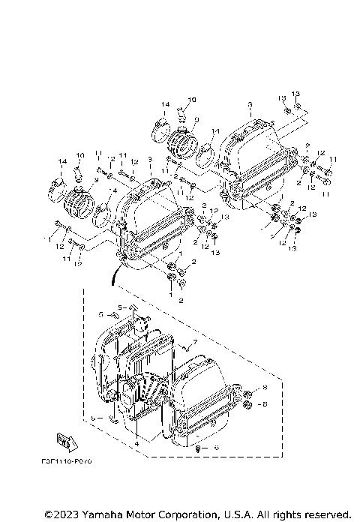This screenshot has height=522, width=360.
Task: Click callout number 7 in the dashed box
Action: (193, 342)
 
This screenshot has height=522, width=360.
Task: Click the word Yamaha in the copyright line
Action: (100, 514)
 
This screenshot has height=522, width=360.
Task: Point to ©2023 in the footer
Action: (62, 514)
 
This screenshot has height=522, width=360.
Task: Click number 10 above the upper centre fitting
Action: (191, 100)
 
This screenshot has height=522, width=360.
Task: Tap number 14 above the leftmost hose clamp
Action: (61, 162)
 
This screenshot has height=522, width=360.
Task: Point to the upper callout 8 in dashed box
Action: (264, 387)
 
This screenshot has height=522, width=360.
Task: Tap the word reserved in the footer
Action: (325, 514)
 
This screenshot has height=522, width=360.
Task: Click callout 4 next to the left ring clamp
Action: (114, 192)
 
